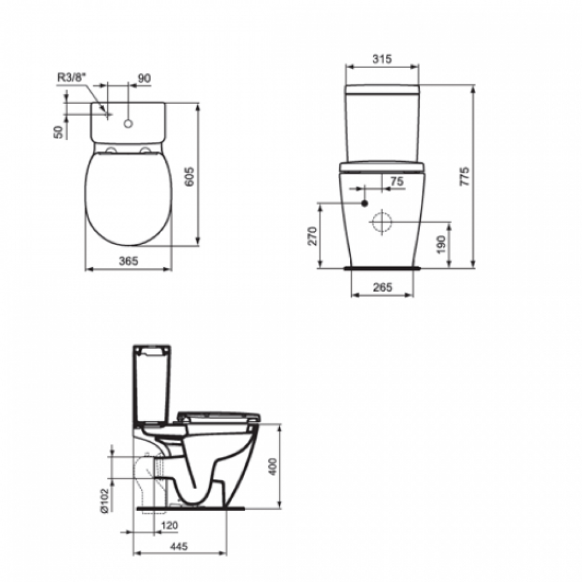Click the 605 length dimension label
tap(189, 174)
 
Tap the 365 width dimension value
tap(128, 261)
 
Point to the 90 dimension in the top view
tap(144, 77)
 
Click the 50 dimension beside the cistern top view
tap(58, 132)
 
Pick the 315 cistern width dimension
tap(381, 59)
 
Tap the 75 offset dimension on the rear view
tap(396, 182)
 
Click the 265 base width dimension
tap(381, 287)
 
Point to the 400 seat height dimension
tap(274, 466)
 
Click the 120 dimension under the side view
tap(170, 525)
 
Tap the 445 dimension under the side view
tap(180, 546)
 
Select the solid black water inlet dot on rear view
tap(365, 203)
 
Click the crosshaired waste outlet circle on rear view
tap(382, 223)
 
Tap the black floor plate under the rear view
tap(382, 268)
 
